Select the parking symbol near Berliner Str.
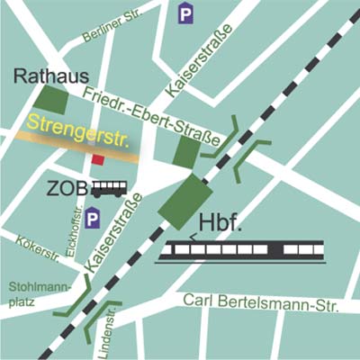(185, 13)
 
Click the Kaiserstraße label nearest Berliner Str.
(199, 61)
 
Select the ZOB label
(68, 190)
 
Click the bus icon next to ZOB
(110, 189)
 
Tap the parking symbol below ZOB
(93, 217)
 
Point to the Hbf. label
(220, 224)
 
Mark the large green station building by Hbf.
(184, 201)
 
